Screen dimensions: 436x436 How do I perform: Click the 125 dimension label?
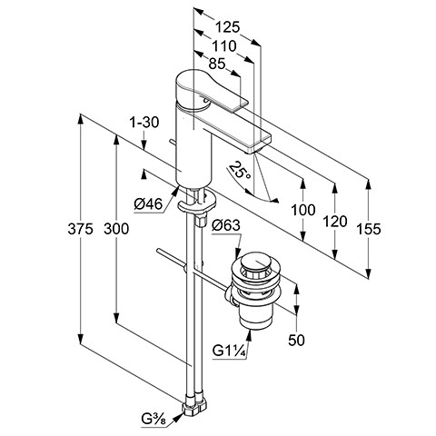pos(227,27)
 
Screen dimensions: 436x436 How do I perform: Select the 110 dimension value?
pos(224,46)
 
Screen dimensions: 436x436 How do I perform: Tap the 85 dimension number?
pos(217,64)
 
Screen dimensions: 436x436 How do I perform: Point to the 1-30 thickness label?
pos(144,123)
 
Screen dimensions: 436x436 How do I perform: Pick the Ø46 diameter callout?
pos(148,204)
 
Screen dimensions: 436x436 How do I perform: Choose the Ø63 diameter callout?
pos(226,225)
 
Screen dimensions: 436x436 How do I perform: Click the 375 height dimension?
pos(80,229)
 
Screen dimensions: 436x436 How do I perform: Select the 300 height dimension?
pos(116,229)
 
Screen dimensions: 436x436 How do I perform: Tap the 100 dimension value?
pos(303,210)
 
